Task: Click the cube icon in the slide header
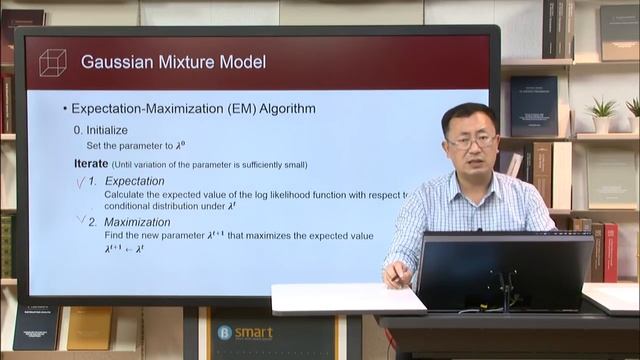52,63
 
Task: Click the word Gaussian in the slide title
119,63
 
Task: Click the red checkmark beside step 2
80,219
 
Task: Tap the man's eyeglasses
472,142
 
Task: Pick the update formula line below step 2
124,248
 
